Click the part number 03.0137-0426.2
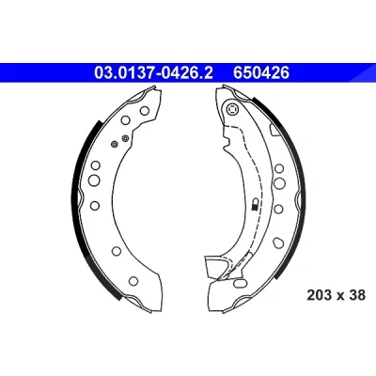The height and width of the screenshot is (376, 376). coord(153,73)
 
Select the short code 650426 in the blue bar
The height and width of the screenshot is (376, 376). coord(261,73)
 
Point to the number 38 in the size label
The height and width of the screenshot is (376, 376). coord(357,295)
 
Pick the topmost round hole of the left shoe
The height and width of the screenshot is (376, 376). coord(145,110)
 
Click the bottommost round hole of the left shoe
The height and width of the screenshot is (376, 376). coord(133,280)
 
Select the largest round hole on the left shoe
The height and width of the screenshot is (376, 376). coord(94,180)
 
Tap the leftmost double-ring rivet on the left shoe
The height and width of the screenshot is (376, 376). coord(115,144)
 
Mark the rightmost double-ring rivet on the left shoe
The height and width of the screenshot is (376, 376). coord(125,137)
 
